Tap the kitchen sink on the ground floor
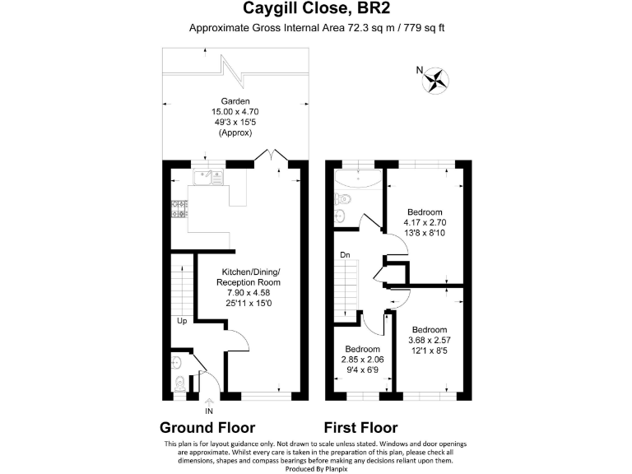coord(203,175)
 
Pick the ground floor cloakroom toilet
coord(180,382)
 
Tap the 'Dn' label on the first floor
coord(346,255)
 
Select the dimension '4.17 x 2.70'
coord(425,221)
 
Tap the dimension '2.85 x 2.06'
coord(362,359)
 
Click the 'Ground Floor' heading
coord(207,427)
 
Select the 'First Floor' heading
coord(360,427)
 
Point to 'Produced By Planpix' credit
coord(316,467)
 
